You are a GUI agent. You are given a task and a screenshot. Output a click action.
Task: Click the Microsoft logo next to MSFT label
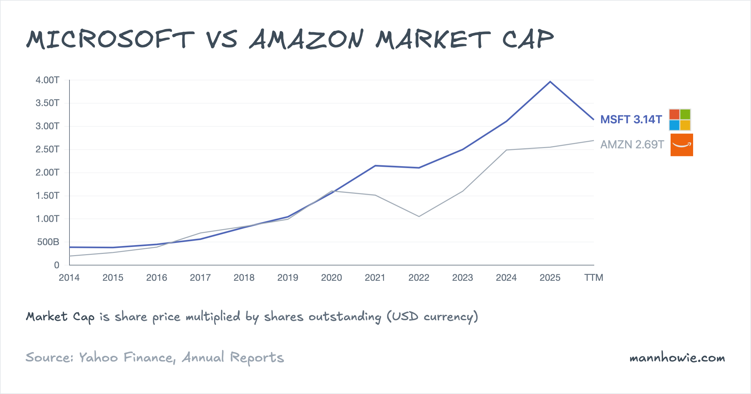coord(680,119)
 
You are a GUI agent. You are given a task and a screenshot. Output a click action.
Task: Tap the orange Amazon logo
coord(682,145)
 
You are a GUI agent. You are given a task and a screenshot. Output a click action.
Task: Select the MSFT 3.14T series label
coord(631,119)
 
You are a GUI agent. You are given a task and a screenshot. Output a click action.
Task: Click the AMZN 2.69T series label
coord(632,144)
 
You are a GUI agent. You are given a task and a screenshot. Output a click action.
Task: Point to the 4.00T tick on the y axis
coord(47,80)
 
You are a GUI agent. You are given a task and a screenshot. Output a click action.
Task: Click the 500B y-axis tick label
coord(48,242)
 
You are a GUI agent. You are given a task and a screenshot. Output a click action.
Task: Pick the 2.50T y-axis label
coord(47,149)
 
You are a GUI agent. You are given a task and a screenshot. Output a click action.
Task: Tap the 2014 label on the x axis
coord(69,277)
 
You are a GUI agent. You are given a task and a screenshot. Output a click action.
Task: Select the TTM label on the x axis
coord(594,277)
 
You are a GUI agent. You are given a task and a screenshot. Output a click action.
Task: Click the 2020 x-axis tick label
coord(331,277)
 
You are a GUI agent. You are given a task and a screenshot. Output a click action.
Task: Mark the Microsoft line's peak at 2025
coord(550,82)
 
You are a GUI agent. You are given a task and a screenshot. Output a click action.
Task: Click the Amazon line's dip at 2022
coord(419,216)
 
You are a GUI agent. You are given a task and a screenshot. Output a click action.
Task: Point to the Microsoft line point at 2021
coord(375,166)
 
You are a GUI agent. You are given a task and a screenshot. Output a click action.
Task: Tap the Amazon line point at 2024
coord(506,150)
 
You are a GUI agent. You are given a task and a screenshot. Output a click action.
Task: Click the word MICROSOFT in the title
coord(110,39)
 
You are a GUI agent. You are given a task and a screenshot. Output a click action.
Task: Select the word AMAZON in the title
coord(307,39)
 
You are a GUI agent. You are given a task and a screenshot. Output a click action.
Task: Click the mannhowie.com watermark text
coord(677,357)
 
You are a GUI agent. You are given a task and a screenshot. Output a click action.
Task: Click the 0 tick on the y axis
coord(57,265)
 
